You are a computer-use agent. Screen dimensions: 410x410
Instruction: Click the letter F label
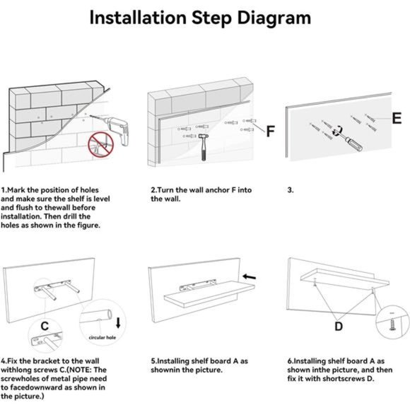(x=270, y=132)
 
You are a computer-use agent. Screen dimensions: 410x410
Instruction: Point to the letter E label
(x=397, y=118)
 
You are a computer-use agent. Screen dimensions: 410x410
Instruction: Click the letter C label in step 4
(x=45, y=326)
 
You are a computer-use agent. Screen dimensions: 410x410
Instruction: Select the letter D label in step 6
(x=339, y=326)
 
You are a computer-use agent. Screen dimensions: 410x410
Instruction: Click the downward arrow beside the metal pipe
(x=119, y=323)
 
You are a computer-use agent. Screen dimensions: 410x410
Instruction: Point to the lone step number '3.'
(x=291, y=190)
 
